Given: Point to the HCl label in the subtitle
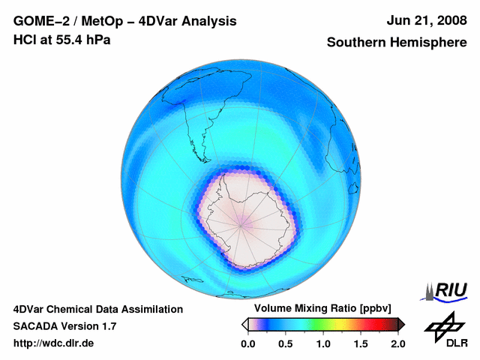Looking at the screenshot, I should [25, 40].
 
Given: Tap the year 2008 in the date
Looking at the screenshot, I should [451, 22].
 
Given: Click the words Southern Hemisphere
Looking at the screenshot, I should [396, 43].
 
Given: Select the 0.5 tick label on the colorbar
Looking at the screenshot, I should [286, 343].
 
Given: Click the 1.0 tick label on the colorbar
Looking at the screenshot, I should [323, 343].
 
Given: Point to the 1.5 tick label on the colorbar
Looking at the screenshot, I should [361, 343].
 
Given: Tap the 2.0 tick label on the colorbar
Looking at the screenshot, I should [398, 343].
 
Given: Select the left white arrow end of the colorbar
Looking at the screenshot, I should [244, 324].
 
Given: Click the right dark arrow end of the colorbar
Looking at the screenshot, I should [401, 324].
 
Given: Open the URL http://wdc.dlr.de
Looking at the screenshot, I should [54, 343].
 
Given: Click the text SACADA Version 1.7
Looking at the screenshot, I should [64, 326].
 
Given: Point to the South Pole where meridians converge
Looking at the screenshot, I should [242, 223].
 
